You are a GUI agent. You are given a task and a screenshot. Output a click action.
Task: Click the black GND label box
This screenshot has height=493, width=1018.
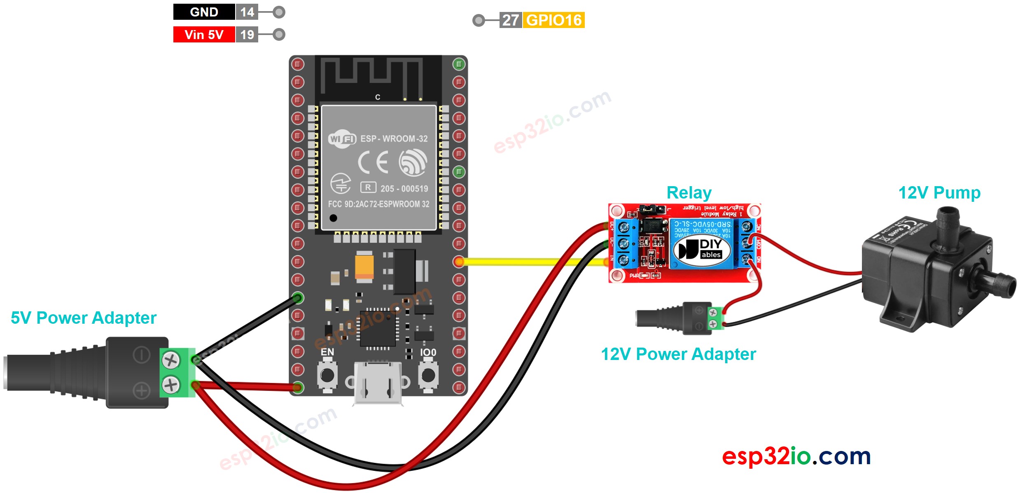pyautogui.click(x=204, y=12)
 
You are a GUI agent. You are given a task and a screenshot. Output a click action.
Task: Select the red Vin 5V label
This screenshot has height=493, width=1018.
pyautogui.click(x=204, y=35)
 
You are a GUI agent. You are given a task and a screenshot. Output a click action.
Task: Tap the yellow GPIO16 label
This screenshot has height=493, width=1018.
pyautogui.click(x=553, y=20)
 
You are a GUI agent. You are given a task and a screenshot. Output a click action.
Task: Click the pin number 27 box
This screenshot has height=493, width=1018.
pyautogui.click(x=511, y=20)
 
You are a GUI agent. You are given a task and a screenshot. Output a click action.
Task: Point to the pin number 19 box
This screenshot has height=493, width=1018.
pyautogui.click(x=247, y=35)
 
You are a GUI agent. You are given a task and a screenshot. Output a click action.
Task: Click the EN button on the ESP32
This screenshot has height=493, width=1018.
pyautogui.click(x=327, y=375)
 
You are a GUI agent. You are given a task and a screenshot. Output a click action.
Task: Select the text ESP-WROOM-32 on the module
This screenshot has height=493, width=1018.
pyautogui.click(x=394, y=139)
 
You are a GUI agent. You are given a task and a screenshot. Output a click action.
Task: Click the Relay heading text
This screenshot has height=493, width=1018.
pyautogui.click(x=689, y=193)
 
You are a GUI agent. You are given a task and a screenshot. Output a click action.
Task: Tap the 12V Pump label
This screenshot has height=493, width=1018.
pyautogui.click(x=939, y=193)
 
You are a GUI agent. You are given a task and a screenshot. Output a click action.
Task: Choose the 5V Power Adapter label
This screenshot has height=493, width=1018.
pyautogui.click(x=84, y=318)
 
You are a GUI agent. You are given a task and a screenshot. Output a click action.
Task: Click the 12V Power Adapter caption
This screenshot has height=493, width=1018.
pyautogui.click(x=678, y=354)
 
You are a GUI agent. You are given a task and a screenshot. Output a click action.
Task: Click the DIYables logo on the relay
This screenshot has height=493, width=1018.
pyautogui.click(x=702, y=249)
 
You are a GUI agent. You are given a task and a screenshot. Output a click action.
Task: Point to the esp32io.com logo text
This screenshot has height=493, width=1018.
pyautogui.click(x=796, y=456)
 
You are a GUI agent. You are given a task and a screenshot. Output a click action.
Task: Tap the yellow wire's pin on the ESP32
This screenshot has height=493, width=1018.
pyautogui.click(x=459, y=262)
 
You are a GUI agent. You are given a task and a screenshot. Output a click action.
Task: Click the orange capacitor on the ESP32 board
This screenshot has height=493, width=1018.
pyautogui.click(x=364, y=266)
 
